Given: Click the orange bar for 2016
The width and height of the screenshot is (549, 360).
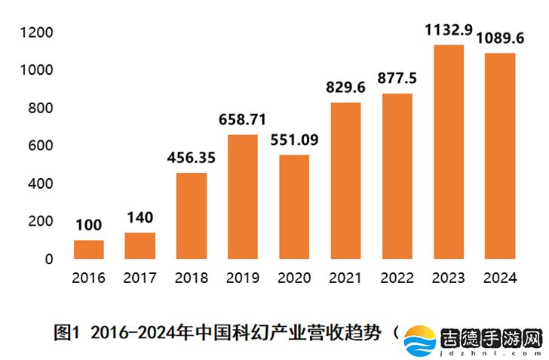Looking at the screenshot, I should point(88,249).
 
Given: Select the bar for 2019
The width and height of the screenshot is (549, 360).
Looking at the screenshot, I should point(243,196).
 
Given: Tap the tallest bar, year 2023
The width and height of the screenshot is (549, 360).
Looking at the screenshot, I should point(448,151).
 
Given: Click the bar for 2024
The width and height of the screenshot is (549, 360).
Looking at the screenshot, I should point(499,155).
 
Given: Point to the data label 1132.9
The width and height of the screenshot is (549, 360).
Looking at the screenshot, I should point(448,30).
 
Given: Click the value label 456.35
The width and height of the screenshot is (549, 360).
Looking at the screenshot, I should point(192,158).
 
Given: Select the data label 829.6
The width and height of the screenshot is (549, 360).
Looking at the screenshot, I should point(345,88).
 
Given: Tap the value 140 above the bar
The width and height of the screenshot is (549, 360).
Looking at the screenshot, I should point(140,218).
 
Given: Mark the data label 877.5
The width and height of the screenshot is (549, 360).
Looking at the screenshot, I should point(397,78).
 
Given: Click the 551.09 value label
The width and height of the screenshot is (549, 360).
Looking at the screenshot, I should point(294,140).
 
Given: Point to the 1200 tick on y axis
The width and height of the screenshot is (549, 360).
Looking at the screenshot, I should point(38,32).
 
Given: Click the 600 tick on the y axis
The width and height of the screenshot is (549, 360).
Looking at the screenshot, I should point(42,146).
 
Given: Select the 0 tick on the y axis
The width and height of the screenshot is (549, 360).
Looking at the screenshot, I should point(49,259).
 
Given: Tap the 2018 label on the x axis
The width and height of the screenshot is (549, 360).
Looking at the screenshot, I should point(192,278).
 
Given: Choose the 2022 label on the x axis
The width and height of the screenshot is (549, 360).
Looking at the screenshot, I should point(397,278).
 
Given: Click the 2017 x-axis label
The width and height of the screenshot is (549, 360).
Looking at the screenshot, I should point(140,278).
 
